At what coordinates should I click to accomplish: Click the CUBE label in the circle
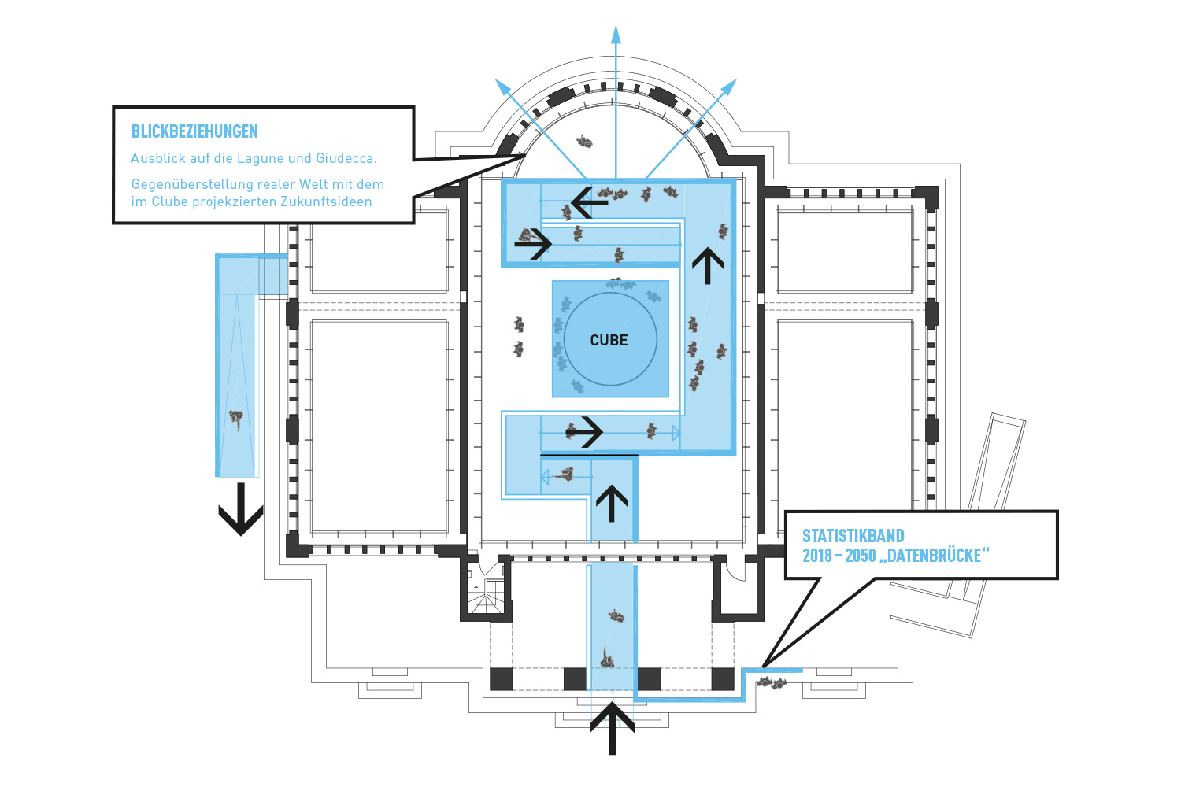pyautogui.click(x=609, y=341)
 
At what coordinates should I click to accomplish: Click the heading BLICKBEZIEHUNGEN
pyautogui.click(x=194, y=131)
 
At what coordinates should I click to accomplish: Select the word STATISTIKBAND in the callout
pyautogui.click(x=853, y=536)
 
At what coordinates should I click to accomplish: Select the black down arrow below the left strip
pyautogui.click(x=240, y=509)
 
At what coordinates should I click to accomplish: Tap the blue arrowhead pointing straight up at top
pyautogui.click(x=616, y=35)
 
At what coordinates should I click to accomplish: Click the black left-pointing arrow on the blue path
pyautogui.click(x=589, y=203)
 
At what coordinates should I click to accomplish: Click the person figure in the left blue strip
pyautogui.click(x=235, y=419)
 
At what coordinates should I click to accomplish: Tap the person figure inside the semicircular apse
pyautogui.click(x=583, y=142)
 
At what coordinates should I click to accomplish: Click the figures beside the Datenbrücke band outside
pyautogui.click(x=772, y=683)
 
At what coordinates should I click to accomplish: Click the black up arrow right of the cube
pyautogui.click(x=707, y=266)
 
